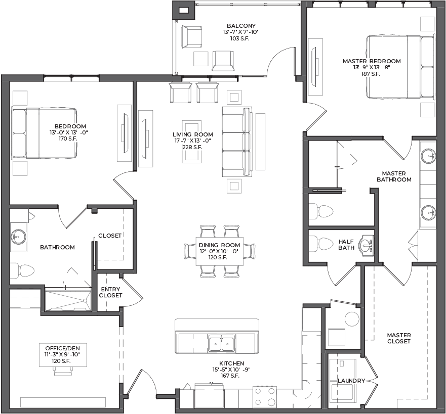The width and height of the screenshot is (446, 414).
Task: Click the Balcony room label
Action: pos(241,26)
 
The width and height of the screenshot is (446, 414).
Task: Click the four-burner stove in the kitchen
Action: pos(265,396)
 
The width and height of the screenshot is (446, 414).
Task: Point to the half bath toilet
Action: pos(321,243)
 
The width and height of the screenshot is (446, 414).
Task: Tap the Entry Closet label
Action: pos(111,292)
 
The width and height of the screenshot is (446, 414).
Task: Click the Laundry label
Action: pos(351,381)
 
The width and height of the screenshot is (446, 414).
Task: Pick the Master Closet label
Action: pos(399,339)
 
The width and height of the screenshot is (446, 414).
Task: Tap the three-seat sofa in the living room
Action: pos(237,142)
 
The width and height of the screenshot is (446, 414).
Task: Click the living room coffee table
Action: pos(192,142)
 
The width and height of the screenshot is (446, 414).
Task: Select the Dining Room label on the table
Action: pos(219,245)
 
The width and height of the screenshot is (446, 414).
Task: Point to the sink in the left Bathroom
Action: pos(19,237)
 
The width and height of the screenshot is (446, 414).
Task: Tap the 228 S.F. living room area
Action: pos(192,147)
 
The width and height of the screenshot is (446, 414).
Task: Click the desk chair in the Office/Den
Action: pos(63,370)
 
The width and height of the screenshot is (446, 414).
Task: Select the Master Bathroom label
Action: pos(394,176)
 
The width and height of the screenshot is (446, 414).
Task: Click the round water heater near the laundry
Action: pos(352,319)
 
